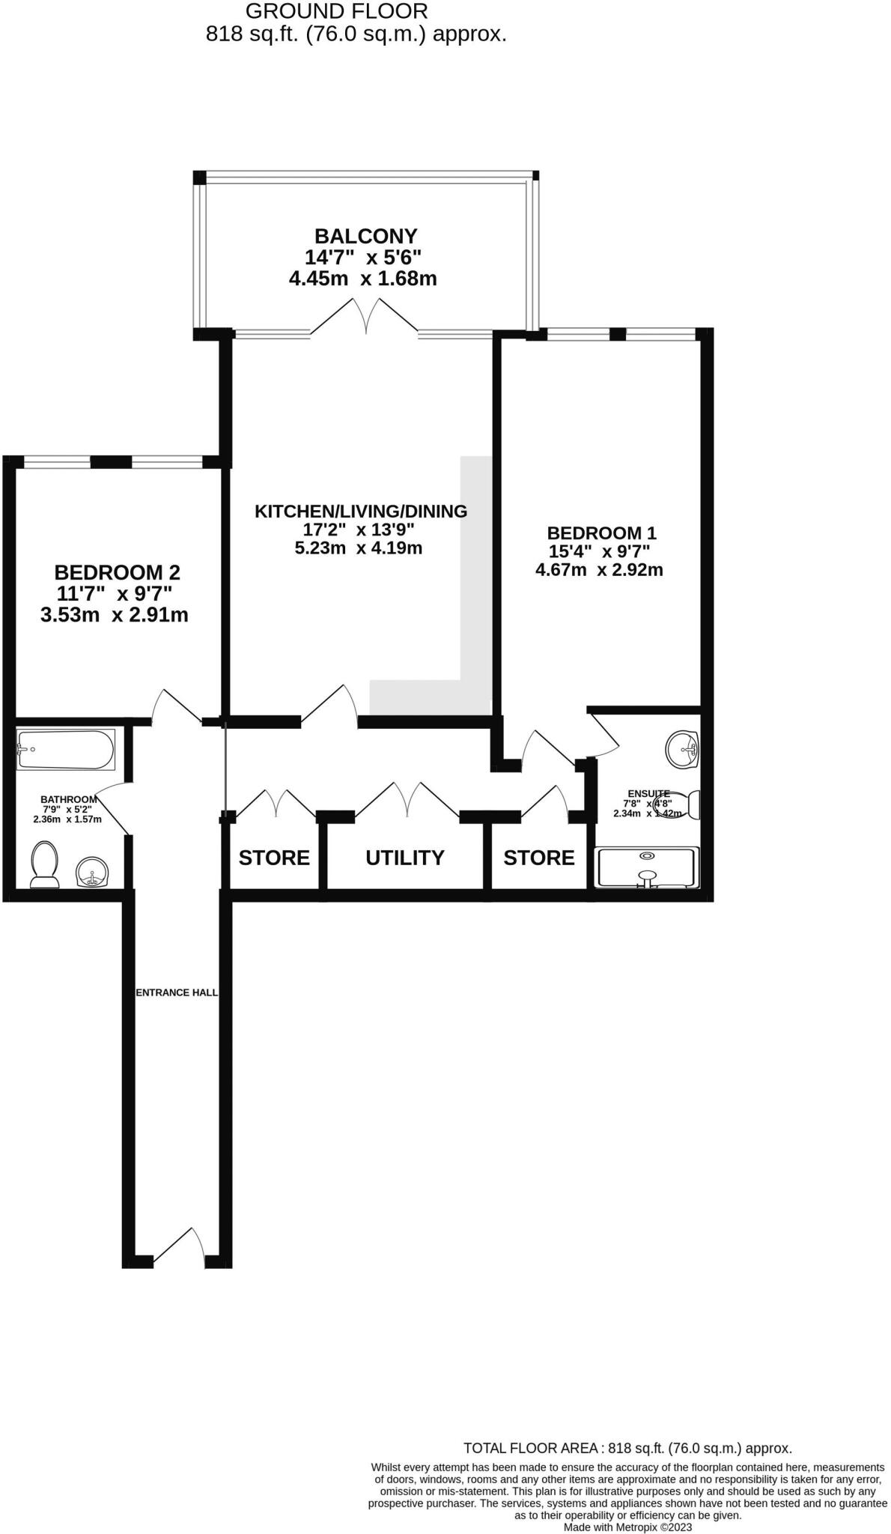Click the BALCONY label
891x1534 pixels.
365,237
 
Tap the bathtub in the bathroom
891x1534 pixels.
66,749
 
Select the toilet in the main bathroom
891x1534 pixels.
45,864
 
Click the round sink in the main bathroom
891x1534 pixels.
93,872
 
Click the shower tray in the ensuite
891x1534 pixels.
647,867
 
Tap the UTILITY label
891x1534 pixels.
404,858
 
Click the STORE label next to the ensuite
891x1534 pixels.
538,858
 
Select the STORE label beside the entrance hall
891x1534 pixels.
274,858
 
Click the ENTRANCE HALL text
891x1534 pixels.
177,992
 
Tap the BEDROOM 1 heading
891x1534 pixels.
601,533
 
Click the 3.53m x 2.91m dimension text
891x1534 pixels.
114,616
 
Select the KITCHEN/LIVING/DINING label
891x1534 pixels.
361,512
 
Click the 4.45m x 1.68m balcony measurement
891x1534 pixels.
363,279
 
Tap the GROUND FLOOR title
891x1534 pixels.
337,12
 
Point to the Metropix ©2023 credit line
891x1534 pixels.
627,1527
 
